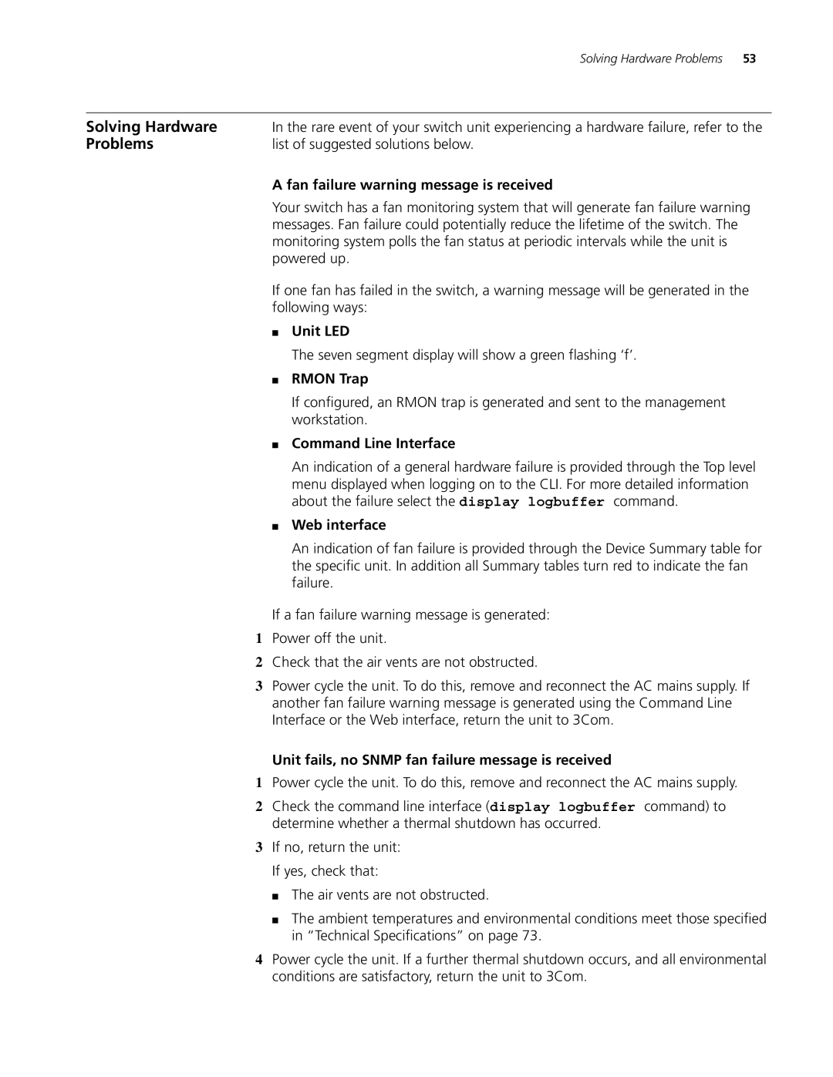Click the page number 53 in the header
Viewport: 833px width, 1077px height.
[x=750, y=59]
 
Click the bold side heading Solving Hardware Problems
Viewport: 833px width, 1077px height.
[x=151, y=135]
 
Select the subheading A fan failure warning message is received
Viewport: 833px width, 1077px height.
[x=412, y=185]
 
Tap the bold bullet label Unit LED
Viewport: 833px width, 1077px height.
[x=320, y=332]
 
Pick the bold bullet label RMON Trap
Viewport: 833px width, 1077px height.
[x=329, y=379]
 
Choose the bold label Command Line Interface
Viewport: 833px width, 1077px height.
[x=373, y=443]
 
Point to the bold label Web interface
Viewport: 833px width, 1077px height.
[x=339, y=525]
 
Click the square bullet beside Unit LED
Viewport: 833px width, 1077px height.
[x=275, y=332]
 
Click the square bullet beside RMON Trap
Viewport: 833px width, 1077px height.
[x=275, y=380]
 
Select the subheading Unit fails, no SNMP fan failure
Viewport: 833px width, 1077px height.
[x=441, y=760]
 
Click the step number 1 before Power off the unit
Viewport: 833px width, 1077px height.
[x=259, y=639]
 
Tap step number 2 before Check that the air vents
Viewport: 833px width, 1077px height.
[x=259, y=663]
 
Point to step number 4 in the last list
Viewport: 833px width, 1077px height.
[x=259, y=960]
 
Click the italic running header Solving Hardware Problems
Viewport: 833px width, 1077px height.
[x=651, y=59]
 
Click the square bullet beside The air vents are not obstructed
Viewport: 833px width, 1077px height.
[x=275, y=896]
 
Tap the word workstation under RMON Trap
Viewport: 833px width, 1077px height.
[x=328, y=420]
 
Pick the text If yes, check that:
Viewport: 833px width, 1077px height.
[x=325, y=871]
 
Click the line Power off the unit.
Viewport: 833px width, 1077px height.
[x=329, y=638]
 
